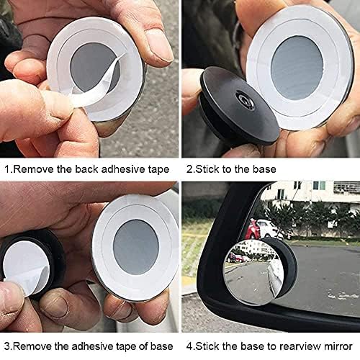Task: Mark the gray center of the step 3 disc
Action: [135, 246]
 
